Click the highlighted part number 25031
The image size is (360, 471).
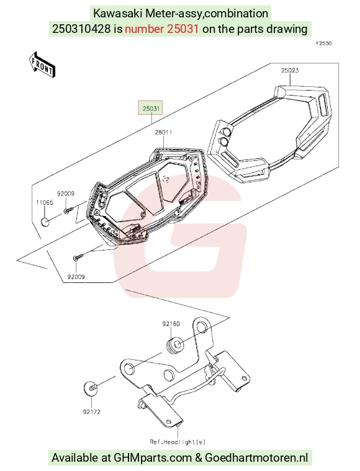click(151, 108)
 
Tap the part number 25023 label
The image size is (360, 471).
click(290, 70)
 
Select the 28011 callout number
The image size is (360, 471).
click(163, 132)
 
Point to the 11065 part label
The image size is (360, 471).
click(45, 202)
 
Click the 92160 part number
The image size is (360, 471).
click(171, 324)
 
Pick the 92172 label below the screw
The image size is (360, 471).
click(92, 412)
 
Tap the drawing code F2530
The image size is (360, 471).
click(323, 43)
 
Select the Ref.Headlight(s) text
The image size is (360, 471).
click(178, 442)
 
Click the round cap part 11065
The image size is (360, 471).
click(45, 222)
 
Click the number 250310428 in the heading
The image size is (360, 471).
click(81, 29)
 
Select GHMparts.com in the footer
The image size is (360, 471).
click(153, 458)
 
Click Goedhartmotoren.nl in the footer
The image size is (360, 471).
click(256, 458)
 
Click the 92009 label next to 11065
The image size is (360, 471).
click(66, 194)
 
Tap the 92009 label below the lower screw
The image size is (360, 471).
click(76, 277)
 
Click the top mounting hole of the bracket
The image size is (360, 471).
click(202, 326)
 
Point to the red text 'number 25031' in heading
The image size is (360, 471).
click(161, 29)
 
